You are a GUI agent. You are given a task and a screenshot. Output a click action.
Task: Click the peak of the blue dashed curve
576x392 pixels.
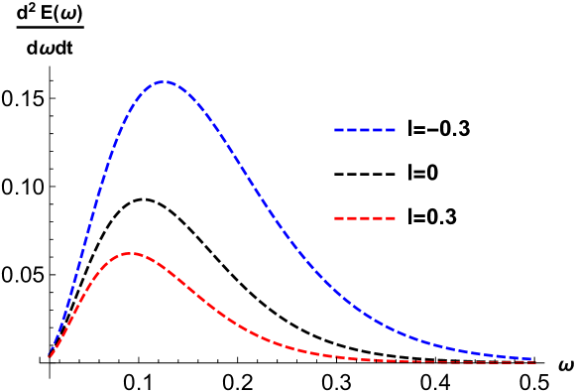tap(165, 82)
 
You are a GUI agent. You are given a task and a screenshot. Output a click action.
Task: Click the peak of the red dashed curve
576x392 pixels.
tap(129, 254)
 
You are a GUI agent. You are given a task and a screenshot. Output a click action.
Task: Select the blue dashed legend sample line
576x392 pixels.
tap(365, 130)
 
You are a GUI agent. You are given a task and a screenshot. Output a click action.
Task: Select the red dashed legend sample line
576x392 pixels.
tap(365, 217)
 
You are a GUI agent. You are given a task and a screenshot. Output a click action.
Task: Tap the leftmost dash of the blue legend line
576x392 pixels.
tap(339, 130)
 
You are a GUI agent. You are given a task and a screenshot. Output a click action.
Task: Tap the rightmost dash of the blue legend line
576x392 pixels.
tap(391, 130)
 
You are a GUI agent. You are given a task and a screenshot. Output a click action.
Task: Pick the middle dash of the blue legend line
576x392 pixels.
tap(365, 130)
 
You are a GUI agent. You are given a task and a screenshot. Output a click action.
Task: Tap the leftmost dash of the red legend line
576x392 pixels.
tap(339, 217)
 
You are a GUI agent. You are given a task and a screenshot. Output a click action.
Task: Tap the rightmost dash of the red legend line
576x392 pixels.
tap(391, 217)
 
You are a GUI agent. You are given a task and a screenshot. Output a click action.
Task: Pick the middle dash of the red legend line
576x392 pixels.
tap(365, 217)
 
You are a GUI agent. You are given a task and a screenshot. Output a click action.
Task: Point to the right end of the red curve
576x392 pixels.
tap(535, 362)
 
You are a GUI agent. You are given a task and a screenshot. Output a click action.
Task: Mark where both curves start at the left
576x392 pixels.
tap(49, 357)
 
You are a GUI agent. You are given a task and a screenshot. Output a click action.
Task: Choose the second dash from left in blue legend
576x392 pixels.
tap(352, 130)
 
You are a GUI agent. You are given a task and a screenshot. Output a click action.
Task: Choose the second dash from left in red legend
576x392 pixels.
tap(352, 217)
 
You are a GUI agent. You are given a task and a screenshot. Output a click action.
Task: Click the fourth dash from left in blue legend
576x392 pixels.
tap(378, 130)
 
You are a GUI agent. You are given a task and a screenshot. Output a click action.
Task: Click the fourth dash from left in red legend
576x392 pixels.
tap(378, 217)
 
